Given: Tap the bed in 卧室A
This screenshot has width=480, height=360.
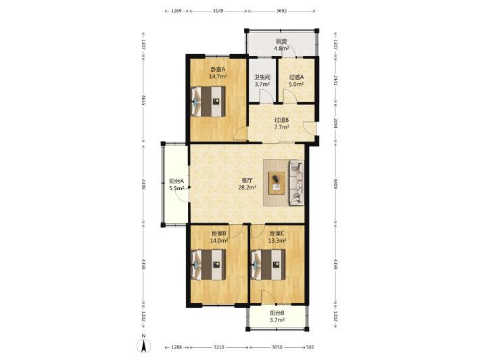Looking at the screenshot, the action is (x=208, y=102).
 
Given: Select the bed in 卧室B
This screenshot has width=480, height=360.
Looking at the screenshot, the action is (x=208, y=265).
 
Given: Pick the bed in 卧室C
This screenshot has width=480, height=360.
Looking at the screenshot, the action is (x=268, y=265).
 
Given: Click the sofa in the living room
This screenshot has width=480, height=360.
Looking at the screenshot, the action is (x=297, y=182).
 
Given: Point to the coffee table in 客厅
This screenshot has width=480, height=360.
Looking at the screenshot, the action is (x=277, y=183).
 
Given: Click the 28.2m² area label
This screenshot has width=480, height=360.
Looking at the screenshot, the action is (x=247, y=187).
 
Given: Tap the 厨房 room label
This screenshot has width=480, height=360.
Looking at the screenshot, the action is (x=282, y=41).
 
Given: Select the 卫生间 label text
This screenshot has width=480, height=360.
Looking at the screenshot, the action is (x=262, y=77).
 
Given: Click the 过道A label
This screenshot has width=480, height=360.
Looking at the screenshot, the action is (x=296, y=77).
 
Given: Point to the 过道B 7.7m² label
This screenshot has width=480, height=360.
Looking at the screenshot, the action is (x=282, y=123).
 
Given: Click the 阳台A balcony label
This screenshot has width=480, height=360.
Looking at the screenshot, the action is (x=176, y=181).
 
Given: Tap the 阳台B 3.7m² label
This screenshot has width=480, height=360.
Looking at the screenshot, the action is (x=277, y=317).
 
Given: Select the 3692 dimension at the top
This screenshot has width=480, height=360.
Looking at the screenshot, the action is (x=282, y=11).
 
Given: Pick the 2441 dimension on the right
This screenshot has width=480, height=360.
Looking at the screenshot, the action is (x=335, y=81).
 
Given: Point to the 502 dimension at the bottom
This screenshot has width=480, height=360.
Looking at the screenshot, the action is (x=310, y=347).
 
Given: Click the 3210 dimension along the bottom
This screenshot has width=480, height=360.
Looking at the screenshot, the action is (x=219, y=347).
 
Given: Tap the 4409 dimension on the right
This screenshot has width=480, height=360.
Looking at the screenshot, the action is (x=335, y=183).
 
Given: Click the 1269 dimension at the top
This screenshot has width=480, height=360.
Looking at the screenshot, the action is (x=176, y=11).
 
